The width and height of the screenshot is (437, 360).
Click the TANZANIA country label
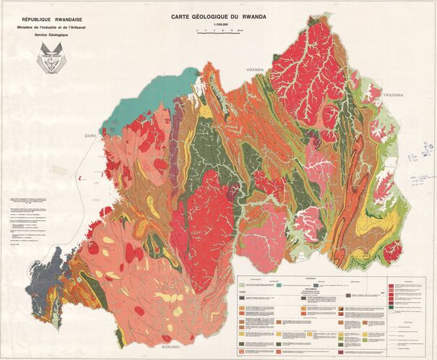pyautogui.click(x=393, y=95)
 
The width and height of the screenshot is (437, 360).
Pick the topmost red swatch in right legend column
pyautogui.click(x=391, y=286)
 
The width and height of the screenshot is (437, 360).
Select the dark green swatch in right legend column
pyautogui.click(x=391, y=309)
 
